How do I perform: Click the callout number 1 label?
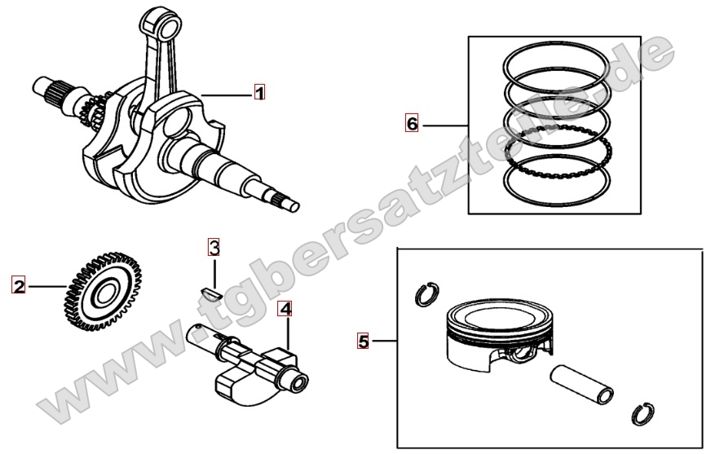[x=259, y=93]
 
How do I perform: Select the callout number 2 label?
[x=18, y=286]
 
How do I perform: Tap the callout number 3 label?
[x=213, y=246]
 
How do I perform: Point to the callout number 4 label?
[x=285, y=309]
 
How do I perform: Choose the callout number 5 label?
[x=364, y=340]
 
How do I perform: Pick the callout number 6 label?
[x=412, y=124]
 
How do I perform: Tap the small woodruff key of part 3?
[x=211, y=289]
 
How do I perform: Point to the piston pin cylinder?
[x=582, y=382]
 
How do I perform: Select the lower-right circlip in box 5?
[x=643, y=413]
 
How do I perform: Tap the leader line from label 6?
[x=444, y=125]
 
